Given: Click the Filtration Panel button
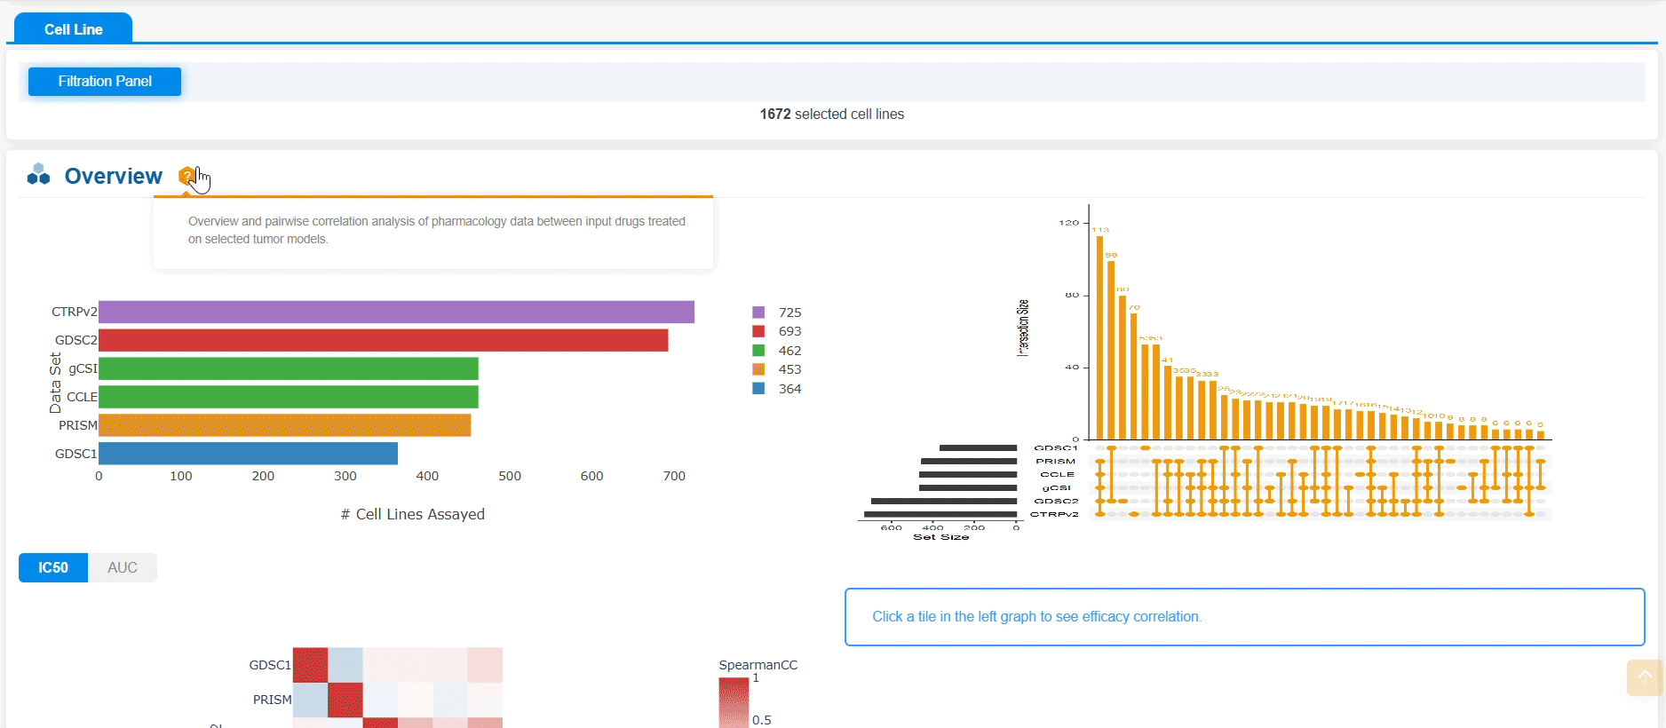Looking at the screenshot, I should click(105, 82).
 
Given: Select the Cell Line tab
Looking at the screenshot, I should click(73, 29).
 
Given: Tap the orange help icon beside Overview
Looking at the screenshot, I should click(186, 176).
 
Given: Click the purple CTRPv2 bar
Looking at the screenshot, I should click(396, 312).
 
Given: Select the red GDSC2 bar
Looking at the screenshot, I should click(383, 340).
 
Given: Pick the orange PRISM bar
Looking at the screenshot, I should click(284, 425).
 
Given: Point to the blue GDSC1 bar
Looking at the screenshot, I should click(248, 454).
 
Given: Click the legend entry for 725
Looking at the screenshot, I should click(778, 313).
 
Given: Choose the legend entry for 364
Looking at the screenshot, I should click(778, 389).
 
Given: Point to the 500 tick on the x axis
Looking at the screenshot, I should click(510, 476).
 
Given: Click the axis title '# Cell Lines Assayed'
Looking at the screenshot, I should click(413, 514).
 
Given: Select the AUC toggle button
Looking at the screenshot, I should click(123, 568).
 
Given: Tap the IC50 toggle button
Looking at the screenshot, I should click(53, 568).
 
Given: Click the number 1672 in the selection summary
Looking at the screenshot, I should click(775, 115).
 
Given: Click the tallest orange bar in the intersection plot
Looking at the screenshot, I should click(1099, 337).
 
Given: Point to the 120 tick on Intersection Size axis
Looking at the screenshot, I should click(1068, 223).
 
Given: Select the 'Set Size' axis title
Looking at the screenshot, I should click(940, 537).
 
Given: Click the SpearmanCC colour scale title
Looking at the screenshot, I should click(758, 665).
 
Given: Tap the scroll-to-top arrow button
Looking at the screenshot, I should click(1645, 677).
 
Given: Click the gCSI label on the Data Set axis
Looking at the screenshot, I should click(83, 368).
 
